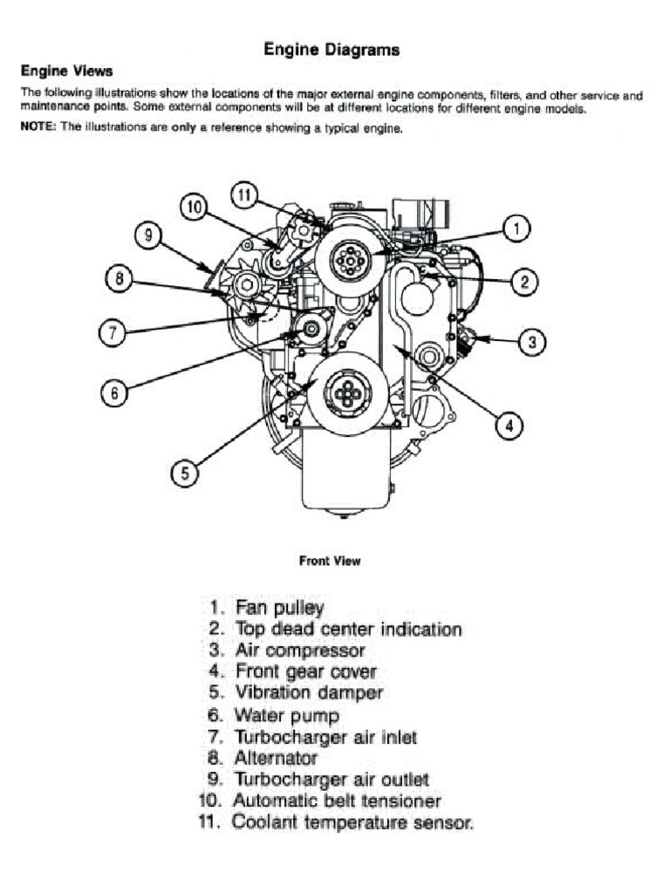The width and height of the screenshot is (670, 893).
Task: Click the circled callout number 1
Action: (516, 229)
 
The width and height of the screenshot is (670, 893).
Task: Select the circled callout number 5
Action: (184, 474)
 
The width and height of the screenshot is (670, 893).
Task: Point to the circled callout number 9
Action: (149, 235)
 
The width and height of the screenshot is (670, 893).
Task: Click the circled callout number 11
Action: (245, 195)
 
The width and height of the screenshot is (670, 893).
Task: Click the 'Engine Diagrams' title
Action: (332, 50)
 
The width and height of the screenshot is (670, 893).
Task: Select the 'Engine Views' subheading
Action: (66, 71)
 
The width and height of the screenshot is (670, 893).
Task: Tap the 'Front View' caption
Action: (330, 561)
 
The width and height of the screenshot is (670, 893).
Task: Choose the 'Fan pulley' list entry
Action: (279, 607)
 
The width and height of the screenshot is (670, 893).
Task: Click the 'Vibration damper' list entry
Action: (308, 693)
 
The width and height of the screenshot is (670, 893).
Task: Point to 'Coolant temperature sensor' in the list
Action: (352, 822)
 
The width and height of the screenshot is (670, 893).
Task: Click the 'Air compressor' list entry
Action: (300, 651)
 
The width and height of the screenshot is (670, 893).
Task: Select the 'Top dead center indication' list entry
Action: (348, 629)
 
